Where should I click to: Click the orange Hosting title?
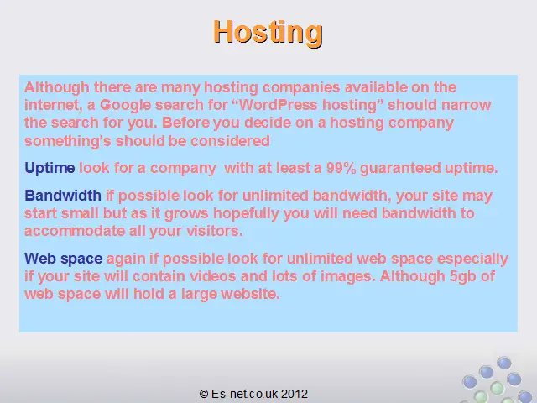(x=268, y=33)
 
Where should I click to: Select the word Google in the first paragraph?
(x=125, y=105)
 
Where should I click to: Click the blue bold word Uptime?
(x=50, y=168)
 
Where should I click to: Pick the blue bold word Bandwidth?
(x=63, y=196)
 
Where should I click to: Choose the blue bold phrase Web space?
(x=64, y=259)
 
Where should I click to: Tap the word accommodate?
(x=75, y=231)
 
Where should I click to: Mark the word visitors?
(x=215, y=231)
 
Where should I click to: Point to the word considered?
(x=230, y=141)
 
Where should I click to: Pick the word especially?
(x=472, y=259)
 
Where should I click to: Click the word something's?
(x=68, y=141)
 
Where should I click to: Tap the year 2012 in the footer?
(x=295, y=394)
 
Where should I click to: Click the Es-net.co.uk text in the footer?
(x=245, y=394)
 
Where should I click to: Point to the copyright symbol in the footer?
(x=204, y=394)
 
